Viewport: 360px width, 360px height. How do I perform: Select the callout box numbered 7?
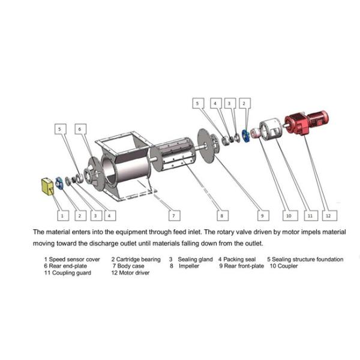(x=172, y=214)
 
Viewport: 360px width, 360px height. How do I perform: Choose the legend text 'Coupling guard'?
(x=75, y=273)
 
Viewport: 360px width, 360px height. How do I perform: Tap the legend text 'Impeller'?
(x=188, y=266)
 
